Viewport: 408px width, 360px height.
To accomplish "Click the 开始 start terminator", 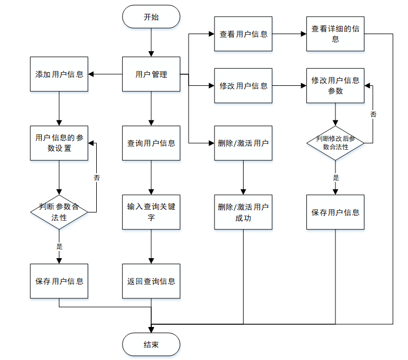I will [151, 17].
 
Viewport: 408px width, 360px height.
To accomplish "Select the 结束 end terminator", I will [151, 345].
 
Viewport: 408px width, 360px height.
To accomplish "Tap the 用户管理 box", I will [151, 74].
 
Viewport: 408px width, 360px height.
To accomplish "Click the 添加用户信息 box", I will [59, 74].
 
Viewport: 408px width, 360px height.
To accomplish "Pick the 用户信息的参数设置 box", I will [59, 143].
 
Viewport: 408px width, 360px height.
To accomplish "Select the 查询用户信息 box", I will [151, 143].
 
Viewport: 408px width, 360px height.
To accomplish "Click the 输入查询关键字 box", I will [151, 212].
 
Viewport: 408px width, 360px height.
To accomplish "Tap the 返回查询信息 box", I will [151, 281].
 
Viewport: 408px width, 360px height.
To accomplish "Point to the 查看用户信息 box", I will [244, 34].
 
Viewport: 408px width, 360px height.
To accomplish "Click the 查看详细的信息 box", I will [335, 34].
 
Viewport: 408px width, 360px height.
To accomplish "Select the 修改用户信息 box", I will [244, 86].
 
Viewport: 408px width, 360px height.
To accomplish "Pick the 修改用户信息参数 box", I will [335, 86].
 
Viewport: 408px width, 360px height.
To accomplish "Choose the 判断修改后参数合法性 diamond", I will [335, 143].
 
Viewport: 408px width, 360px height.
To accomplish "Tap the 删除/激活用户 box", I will [244, 143].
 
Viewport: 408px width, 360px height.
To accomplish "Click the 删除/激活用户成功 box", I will [244, 212].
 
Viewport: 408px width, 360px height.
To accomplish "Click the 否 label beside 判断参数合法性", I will [97, 178].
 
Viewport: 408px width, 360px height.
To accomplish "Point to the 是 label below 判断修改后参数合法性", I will [336, 177].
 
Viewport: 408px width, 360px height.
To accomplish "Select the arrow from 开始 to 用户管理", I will [151, 42].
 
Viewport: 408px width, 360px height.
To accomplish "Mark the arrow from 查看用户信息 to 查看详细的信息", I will [289, 34].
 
